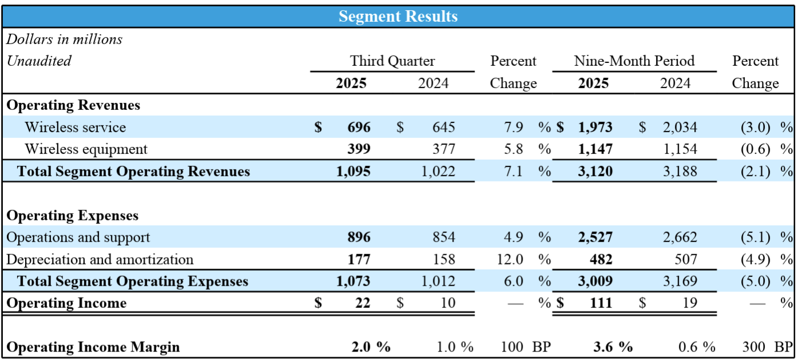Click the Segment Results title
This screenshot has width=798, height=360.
[x=398, y=17]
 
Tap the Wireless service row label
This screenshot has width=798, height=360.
[x=75, y=127]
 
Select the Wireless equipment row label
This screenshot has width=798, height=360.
[x=86, y=149]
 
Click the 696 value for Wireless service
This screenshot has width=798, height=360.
[x=358, y=127]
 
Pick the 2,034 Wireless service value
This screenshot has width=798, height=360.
[x=680, y=127]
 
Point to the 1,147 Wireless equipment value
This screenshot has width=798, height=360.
[x=595, y=149]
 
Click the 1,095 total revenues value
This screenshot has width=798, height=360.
[x=353, y=171]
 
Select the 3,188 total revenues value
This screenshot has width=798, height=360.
[x=680, y=171]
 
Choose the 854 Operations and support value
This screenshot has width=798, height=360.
[x=444, y=238]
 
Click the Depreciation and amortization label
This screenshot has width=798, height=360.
[x=100, y=259]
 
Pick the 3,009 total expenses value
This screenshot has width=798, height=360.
[x=595, y=281]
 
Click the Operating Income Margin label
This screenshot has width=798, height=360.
[x=93, y=347]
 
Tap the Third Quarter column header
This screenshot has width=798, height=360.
[x=392, y=61]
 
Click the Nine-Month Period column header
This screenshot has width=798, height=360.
[x=634, y=61]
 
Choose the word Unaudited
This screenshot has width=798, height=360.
[x=38, y=61]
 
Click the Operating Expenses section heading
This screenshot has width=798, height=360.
[x=72, y=216]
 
